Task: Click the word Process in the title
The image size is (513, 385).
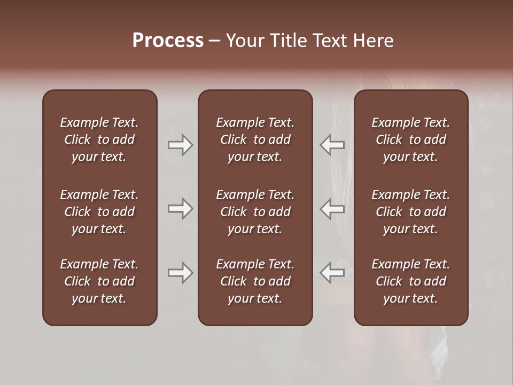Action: click(168, 41)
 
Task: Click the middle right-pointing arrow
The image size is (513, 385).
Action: click(180, 209)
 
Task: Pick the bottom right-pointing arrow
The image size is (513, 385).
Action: click(180, 273)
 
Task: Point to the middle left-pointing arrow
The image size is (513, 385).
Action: click(332, 209)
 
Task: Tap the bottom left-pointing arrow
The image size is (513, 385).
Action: click(332, 273)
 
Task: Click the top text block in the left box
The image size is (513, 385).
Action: click(99, 140)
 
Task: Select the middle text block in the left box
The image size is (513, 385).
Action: click(99, 212)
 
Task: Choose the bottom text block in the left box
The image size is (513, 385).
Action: click(99, 281)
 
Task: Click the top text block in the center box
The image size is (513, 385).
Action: click(255, 140)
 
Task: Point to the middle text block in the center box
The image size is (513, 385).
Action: click(255, 212)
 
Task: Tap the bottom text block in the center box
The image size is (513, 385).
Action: click(255, 281)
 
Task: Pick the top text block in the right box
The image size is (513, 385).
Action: click(411, 140)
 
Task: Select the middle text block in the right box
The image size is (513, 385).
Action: click(411, 212)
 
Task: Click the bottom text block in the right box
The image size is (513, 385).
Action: click(411, 281)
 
